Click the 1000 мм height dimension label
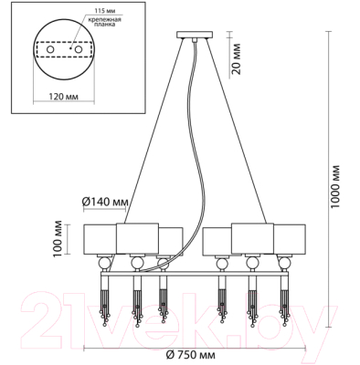335,186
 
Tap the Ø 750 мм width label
191,354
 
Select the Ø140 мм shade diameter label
105,202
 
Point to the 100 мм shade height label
58,239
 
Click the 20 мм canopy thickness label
236,59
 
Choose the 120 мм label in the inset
63,97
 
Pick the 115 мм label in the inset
100,11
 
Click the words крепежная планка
104,22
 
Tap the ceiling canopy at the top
195,35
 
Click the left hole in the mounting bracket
49,49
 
